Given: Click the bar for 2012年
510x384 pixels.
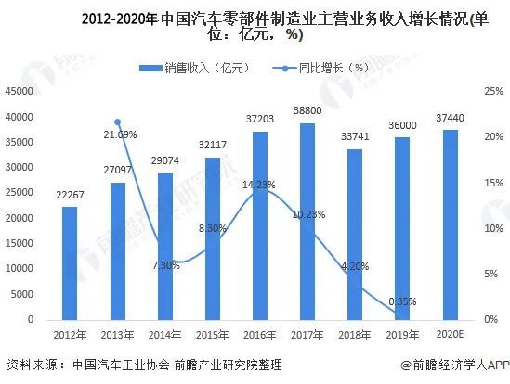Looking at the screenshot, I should tap(70, 262).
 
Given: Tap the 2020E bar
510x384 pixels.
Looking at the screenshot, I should tap(449, 225).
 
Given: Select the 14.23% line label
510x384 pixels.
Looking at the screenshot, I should tap(260, 185).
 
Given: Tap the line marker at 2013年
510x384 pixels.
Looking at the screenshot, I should tap(117, 122).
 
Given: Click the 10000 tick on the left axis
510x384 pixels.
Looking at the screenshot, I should tap(20, 269).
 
